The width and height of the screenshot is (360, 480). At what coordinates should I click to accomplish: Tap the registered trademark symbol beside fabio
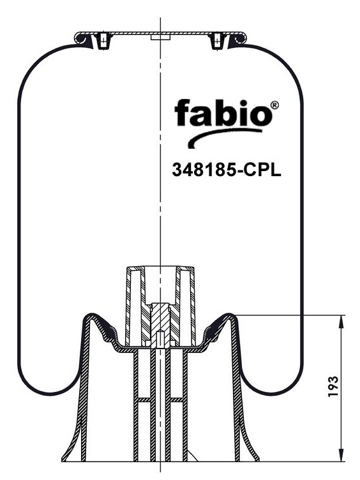[x=275, y=105]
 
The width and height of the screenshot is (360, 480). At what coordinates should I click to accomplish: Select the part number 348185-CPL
[x=227, y=170]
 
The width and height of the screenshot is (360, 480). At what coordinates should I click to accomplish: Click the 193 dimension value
[x=333, y=386]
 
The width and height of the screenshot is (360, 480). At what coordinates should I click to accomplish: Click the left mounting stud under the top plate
[x=103, y=41]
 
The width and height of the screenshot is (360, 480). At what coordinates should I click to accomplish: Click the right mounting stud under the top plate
[x=218, y=41]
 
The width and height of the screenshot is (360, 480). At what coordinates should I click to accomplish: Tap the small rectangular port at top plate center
[x=160, y=37]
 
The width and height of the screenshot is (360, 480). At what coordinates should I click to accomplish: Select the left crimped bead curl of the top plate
[x=82, y=39]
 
